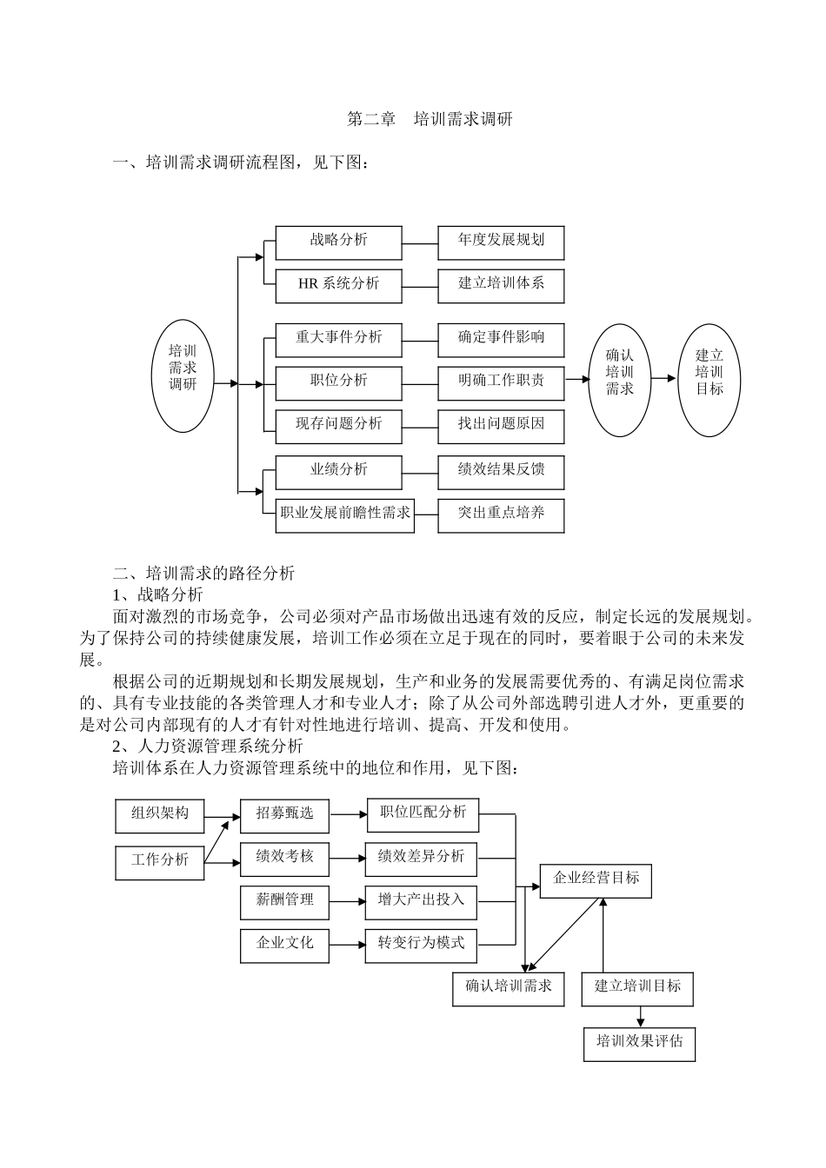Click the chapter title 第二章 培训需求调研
(x=430, y=119)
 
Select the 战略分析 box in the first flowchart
(x=338, y=242)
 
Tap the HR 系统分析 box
(x=338, y=286)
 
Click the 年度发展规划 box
(x=501, y=242)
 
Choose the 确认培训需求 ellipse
(x=620, y=380)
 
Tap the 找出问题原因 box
(x=501, y=426)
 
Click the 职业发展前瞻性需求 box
(x=344, y=515)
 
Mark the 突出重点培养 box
(x=501, y=515)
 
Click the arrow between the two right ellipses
(x=663, y=378)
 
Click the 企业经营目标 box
(x=596, y=880)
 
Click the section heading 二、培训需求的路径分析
(x=204, y=573)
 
